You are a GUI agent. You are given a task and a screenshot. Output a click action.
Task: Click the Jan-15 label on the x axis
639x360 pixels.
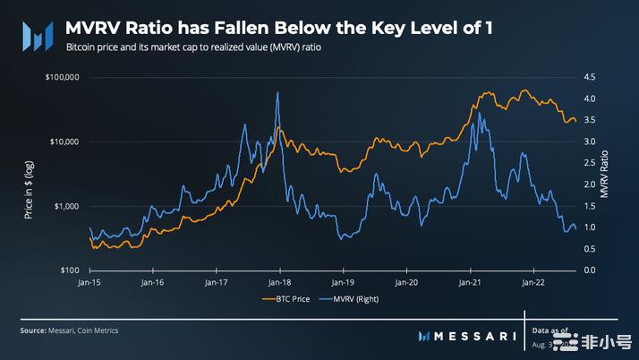point(90,282)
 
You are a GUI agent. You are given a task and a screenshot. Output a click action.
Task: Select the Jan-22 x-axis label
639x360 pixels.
point(534,282)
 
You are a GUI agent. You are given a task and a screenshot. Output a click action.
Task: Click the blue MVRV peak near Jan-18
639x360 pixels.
point(277,92)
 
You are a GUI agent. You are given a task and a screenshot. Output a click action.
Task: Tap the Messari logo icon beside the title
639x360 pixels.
point(36,36)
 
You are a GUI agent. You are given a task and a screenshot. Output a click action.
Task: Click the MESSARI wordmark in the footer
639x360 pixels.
point(478,335)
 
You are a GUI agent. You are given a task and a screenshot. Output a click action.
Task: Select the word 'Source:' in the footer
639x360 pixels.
point(32,330)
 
